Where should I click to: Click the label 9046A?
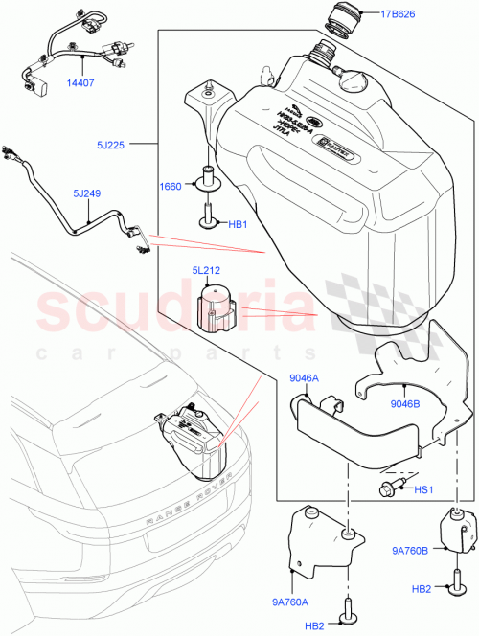[304, 378]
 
